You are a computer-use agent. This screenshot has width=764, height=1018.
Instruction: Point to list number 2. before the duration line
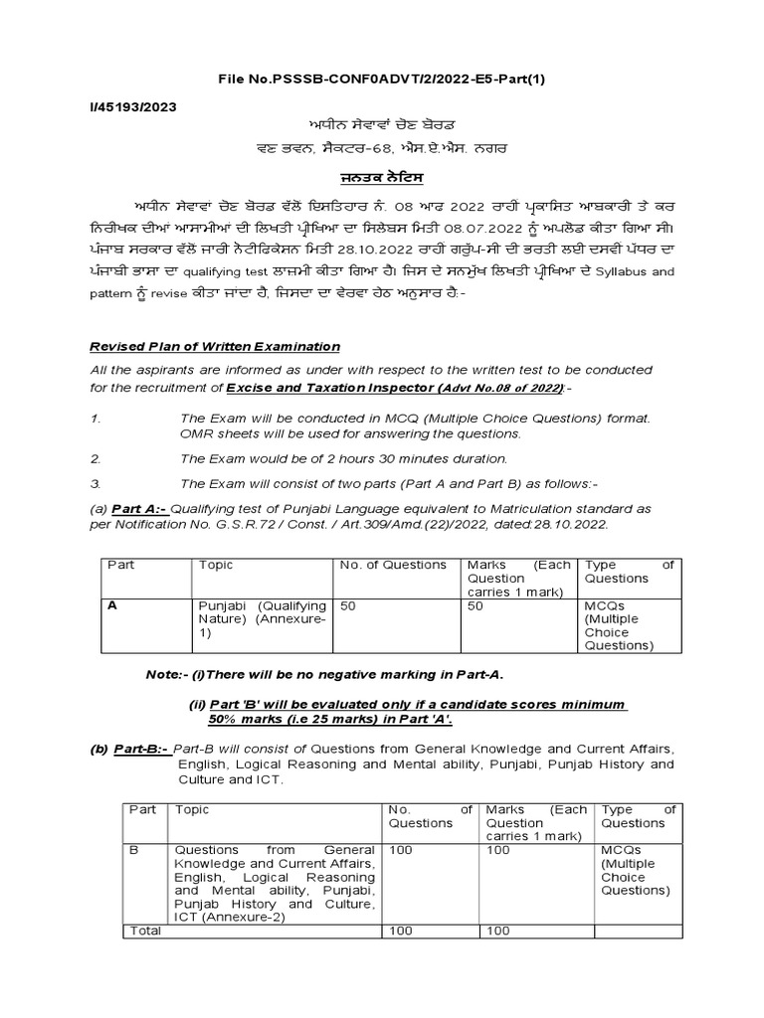click(x=96, y=458)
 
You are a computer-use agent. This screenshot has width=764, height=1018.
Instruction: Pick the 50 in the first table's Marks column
click(x=476, y=603)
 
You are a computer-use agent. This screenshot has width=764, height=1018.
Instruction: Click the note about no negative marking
click(x=324, y=675)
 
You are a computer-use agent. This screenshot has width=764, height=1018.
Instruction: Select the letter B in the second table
click(x=135, y=850)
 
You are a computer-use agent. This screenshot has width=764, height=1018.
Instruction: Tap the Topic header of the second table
click(x=192, y=809)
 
